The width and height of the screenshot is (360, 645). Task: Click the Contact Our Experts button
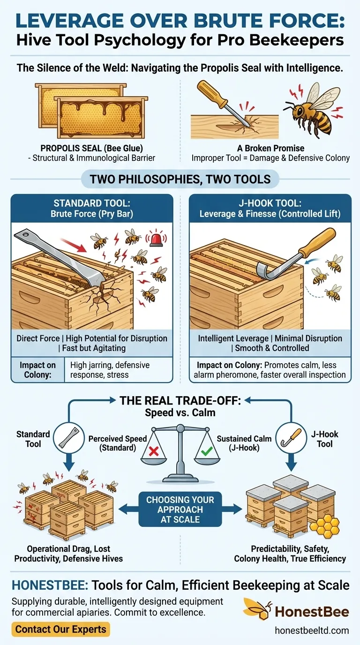coord(61,629)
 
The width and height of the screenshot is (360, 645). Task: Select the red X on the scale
coord(154,451)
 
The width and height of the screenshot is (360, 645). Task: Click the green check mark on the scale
coord(207,451)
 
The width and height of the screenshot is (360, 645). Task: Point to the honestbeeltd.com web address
coord(312,630)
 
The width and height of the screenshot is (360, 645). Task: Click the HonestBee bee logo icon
coord(258,608)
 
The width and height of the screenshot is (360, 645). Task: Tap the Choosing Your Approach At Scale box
coord(180,510)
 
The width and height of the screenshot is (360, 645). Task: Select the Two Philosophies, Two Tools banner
coord(180,179)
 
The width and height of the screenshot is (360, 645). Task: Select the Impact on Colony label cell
coord(37,370)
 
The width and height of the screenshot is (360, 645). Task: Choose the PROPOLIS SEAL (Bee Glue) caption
coord(91,148)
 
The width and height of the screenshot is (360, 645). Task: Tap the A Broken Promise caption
coord(271,148)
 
